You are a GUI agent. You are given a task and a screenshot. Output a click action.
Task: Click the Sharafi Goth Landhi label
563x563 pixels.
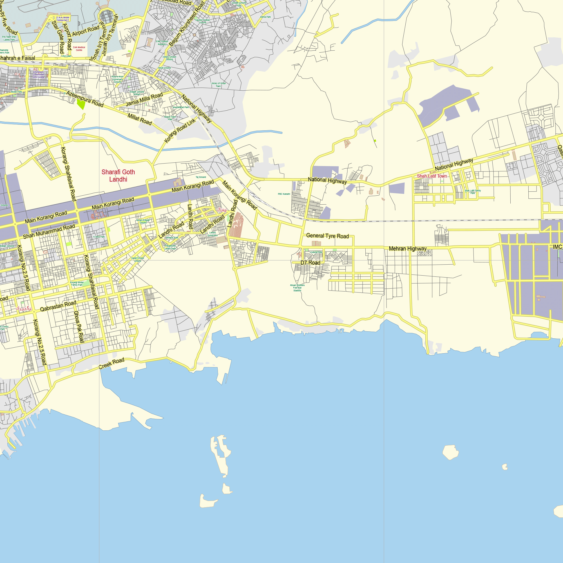[x=118, y=176]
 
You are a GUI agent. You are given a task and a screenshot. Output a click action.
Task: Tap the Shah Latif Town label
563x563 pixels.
[x=432, y=176]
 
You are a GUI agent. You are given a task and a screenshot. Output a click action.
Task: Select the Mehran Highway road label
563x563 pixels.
[x=408, y=249]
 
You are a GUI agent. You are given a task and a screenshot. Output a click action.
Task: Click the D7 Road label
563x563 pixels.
[x=310, y=263]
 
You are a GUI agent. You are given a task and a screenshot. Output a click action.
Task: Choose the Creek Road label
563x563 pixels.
[x=111, y=363]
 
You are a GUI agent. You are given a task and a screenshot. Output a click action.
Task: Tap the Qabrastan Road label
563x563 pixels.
[x=58, y=306]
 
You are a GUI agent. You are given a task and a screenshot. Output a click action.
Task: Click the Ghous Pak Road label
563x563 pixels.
[x=79, y=327]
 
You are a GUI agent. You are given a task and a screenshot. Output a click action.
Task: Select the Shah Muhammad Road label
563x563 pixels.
[x=49, y=231]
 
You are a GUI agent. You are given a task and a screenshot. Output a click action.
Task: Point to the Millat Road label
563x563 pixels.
[x=140, y=119]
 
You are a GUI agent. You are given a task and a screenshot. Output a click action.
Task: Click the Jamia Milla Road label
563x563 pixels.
[x=144, y=99]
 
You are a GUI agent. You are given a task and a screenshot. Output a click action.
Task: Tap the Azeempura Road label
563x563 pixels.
[x=85, y=99]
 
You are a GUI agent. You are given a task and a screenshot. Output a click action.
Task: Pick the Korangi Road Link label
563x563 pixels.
[x=180, y=131]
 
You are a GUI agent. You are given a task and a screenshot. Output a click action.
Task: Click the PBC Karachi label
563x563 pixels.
[x=284, y=194]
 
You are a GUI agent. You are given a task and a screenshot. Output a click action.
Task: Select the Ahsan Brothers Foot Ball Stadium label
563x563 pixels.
[x=297, y=288]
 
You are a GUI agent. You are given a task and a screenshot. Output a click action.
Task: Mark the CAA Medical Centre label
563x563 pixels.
[x=79, y=49]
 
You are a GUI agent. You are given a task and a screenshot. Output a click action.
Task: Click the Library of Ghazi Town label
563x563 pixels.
[x=218, y=84]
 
